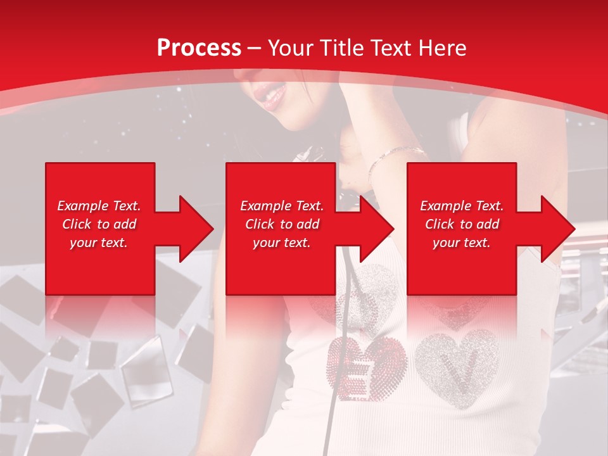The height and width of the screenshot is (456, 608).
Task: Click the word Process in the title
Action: pos(199,48)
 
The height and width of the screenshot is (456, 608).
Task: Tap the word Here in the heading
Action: pos(441,48)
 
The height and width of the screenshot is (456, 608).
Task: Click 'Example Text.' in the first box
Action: pos(99,206)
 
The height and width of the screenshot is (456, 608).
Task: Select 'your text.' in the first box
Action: pos(99,243)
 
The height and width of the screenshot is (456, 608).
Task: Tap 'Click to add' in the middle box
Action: pos(282,224)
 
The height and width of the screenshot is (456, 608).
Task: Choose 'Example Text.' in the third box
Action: pos(462,206)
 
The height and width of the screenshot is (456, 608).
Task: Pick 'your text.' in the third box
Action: pos(462,243)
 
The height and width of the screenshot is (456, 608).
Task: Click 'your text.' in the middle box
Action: pos(282,243)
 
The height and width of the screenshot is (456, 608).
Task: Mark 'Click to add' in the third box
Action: pos(462,224)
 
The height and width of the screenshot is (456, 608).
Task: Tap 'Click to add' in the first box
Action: pos(99,224)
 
